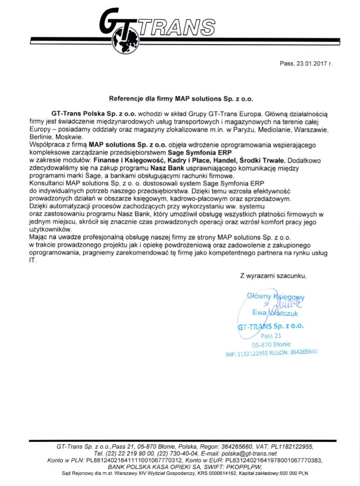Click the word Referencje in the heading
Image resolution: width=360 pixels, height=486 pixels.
[x=125, y=98]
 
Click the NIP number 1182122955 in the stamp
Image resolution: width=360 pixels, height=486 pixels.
[x=255, y=354]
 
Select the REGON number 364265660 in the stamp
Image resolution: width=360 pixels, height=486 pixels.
[x=304, y=352]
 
